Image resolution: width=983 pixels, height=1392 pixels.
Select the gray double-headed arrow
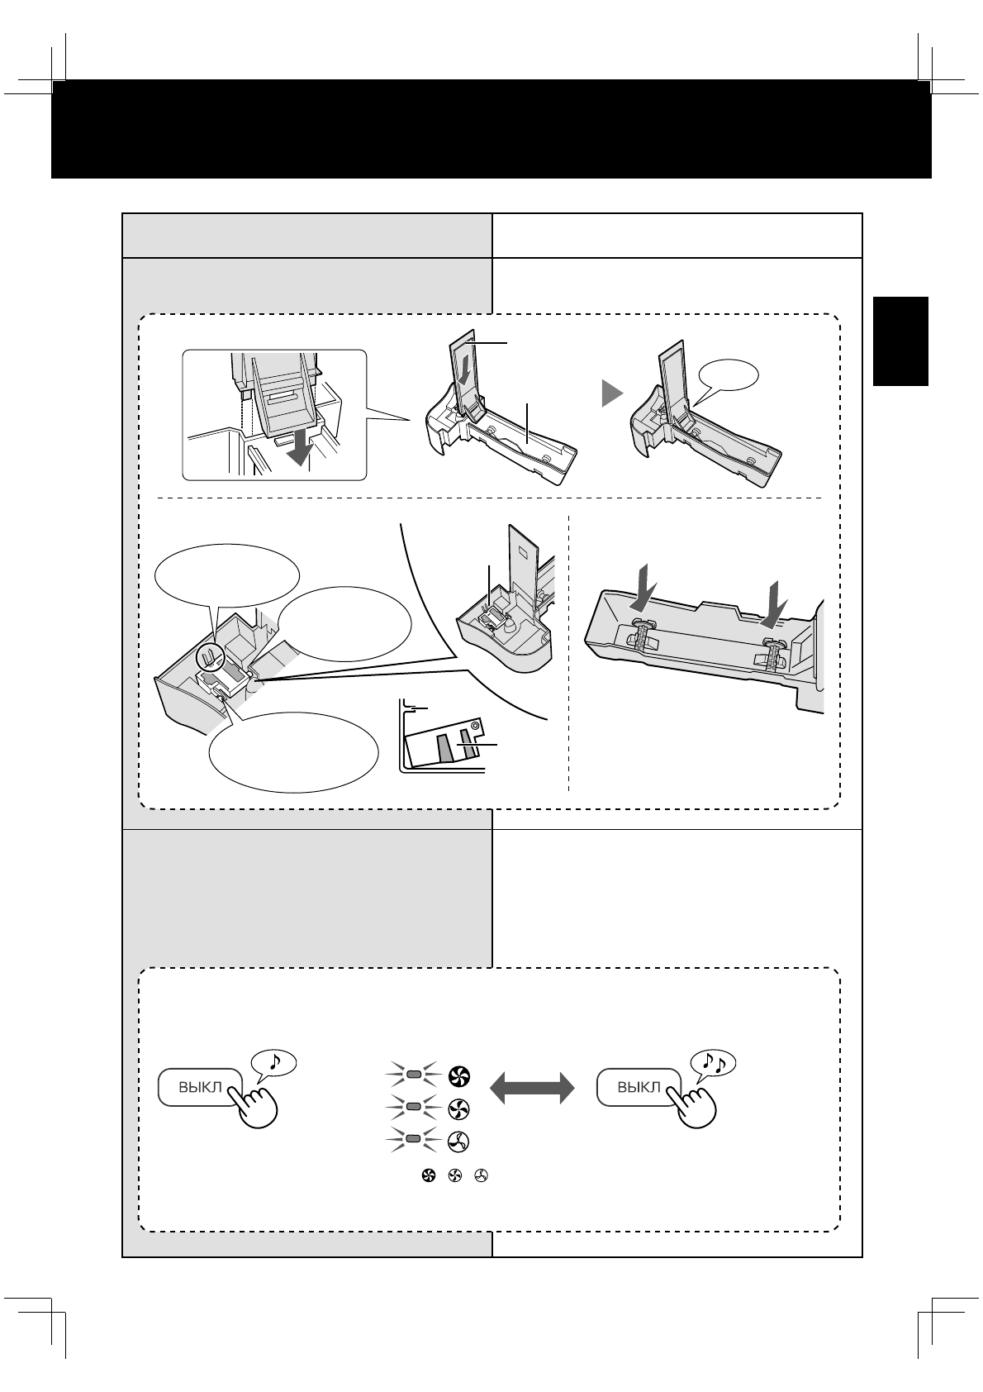(533, 1087)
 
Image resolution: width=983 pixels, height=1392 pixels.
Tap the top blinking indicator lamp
(414, 1075)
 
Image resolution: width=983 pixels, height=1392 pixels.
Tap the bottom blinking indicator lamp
(414, 1140)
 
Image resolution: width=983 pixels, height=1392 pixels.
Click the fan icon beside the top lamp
(458, 1076)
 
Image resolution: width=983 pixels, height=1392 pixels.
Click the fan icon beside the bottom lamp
(458, 1142)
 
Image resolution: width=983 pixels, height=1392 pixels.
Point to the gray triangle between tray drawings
(611, 394)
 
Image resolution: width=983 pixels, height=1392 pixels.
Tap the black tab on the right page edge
(901, 341)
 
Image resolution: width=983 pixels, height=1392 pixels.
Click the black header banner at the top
(491, 128)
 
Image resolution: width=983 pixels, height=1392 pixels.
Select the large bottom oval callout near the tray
(294, 750)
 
